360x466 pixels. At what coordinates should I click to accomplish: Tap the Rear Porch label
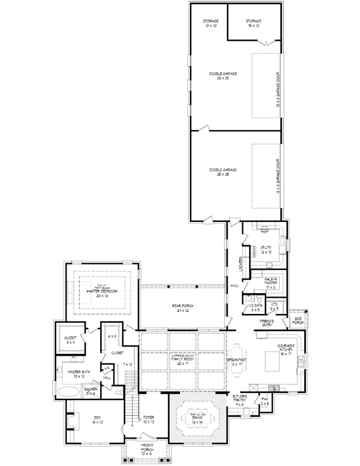tap(183, 308)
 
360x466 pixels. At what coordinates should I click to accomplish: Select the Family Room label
tap(183, 358)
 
